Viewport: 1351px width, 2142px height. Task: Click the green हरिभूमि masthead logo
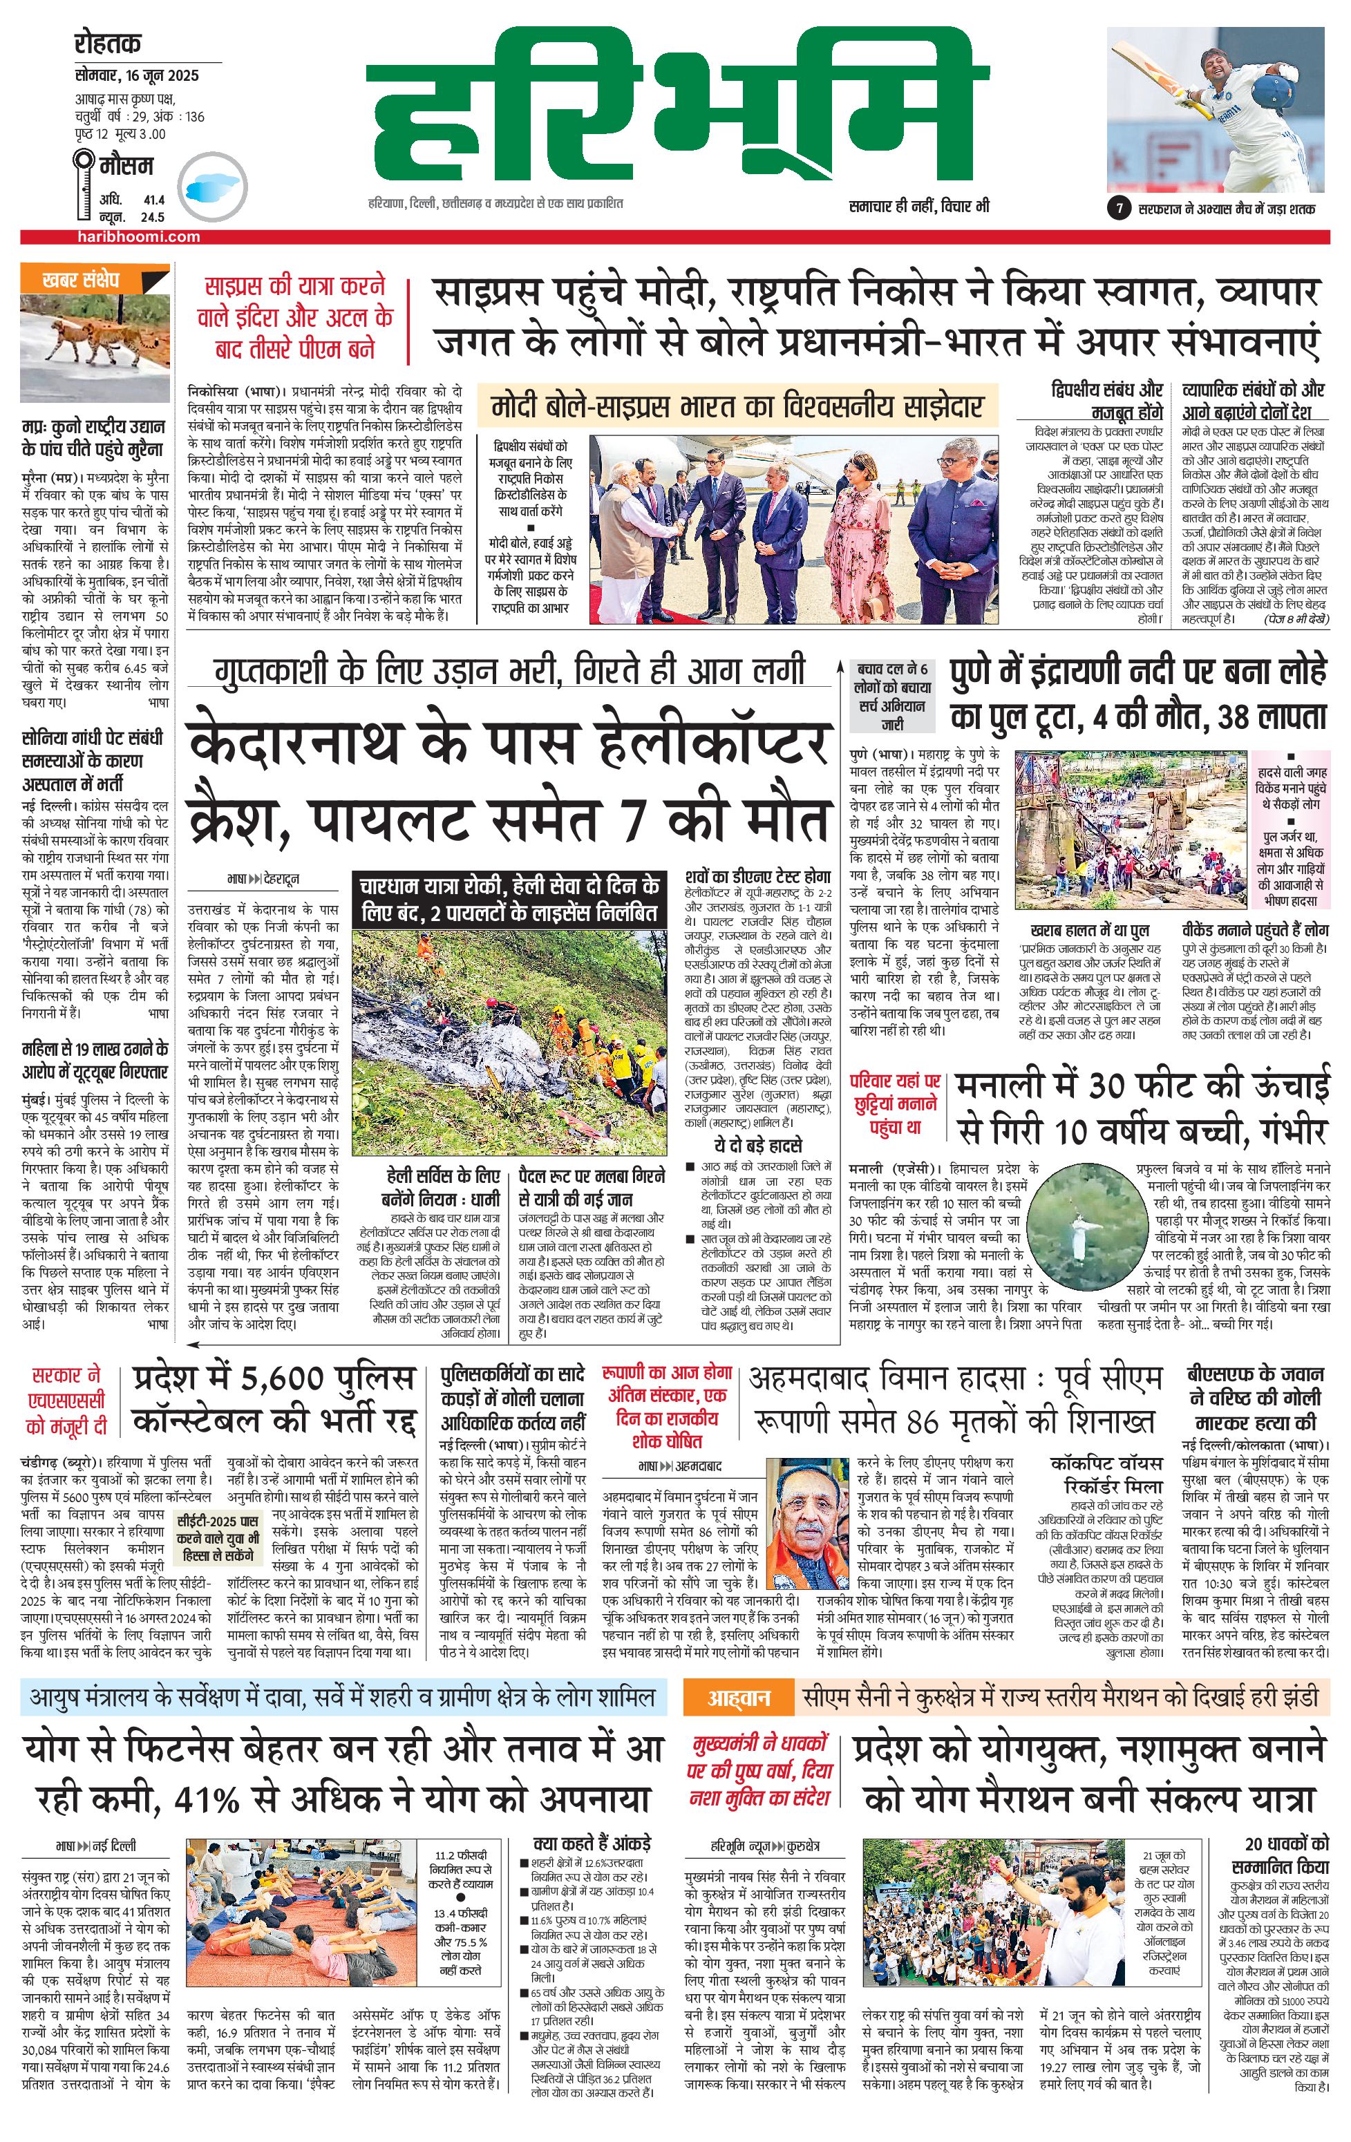[681, 109]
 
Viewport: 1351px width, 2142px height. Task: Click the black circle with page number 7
[1117, 209]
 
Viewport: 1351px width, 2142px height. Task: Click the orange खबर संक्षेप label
[80, 279]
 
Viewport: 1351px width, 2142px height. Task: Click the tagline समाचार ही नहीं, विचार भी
[918, 207]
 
